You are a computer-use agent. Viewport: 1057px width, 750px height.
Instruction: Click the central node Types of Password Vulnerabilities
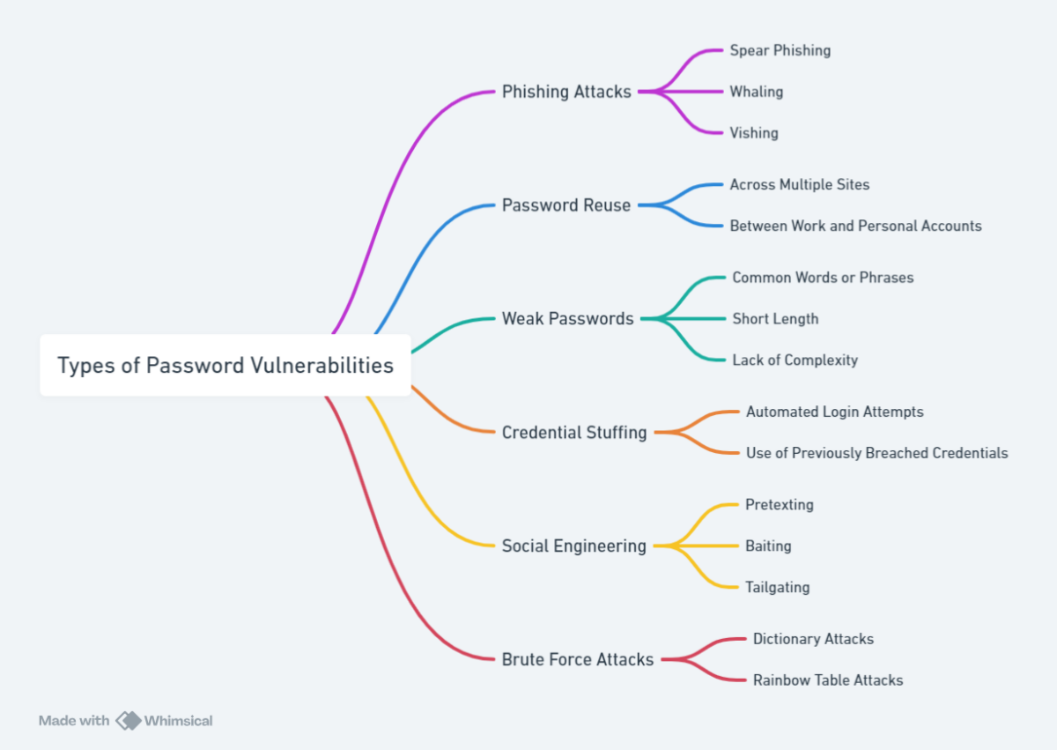(x=225, y=365)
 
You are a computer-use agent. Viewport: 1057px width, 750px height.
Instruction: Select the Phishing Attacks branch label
(x=566, y=92)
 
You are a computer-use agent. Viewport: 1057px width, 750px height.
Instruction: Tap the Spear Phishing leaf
(x=780, y=50)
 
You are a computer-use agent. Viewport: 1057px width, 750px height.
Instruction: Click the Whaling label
(x=756, y=92)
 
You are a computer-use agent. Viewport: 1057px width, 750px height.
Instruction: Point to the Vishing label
(x=753, y=133)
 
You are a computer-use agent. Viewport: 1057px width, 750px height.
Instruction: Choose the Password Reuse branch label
(x=566, y=205)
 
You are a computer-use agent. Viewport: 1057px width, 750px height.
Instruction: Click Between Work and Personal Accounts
(x=855, y=226)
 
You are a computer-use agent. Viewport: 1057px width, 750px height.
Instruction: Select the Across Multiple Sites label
(x=799, y=185)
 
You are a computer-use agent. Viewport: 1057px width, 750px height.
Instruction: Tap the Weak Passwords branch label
(x=567, y=319)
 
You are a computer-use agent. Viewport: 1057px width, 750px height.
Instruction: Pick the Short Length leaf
(x=775, y=319)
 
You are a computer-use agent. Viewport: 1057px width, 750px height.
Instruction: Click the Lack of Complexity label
(x=795, y=360)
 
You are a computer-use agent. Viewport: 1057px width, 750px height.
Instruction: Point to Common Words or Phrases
(x=823, y=278)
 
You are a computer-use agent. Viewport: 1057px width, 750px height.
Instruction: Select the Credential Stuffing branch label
(x=574, y=433)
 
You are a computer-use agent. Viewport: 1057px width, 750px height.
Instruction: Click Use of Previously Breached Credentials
(x=876, y=453)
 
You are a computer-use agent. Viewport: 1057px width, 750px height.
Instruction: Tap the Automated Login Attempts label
(x=834, y=412)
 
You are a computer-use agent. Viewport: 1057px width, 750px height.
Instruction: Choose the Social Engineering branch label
(x=574, y=546)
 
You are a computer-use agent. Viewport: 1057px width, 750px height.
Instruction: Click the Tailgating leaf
(x=777, y=587)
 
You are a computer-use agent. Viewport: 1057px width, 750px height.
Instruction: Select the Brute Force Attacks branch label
(x=578, y=659)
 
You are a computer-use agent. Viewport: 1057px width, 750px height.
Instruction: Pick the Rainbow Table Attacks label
(x=828, y=680)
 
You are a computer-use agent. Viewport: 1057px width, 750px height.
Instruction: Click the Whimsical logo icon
(x=129, y=721)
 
